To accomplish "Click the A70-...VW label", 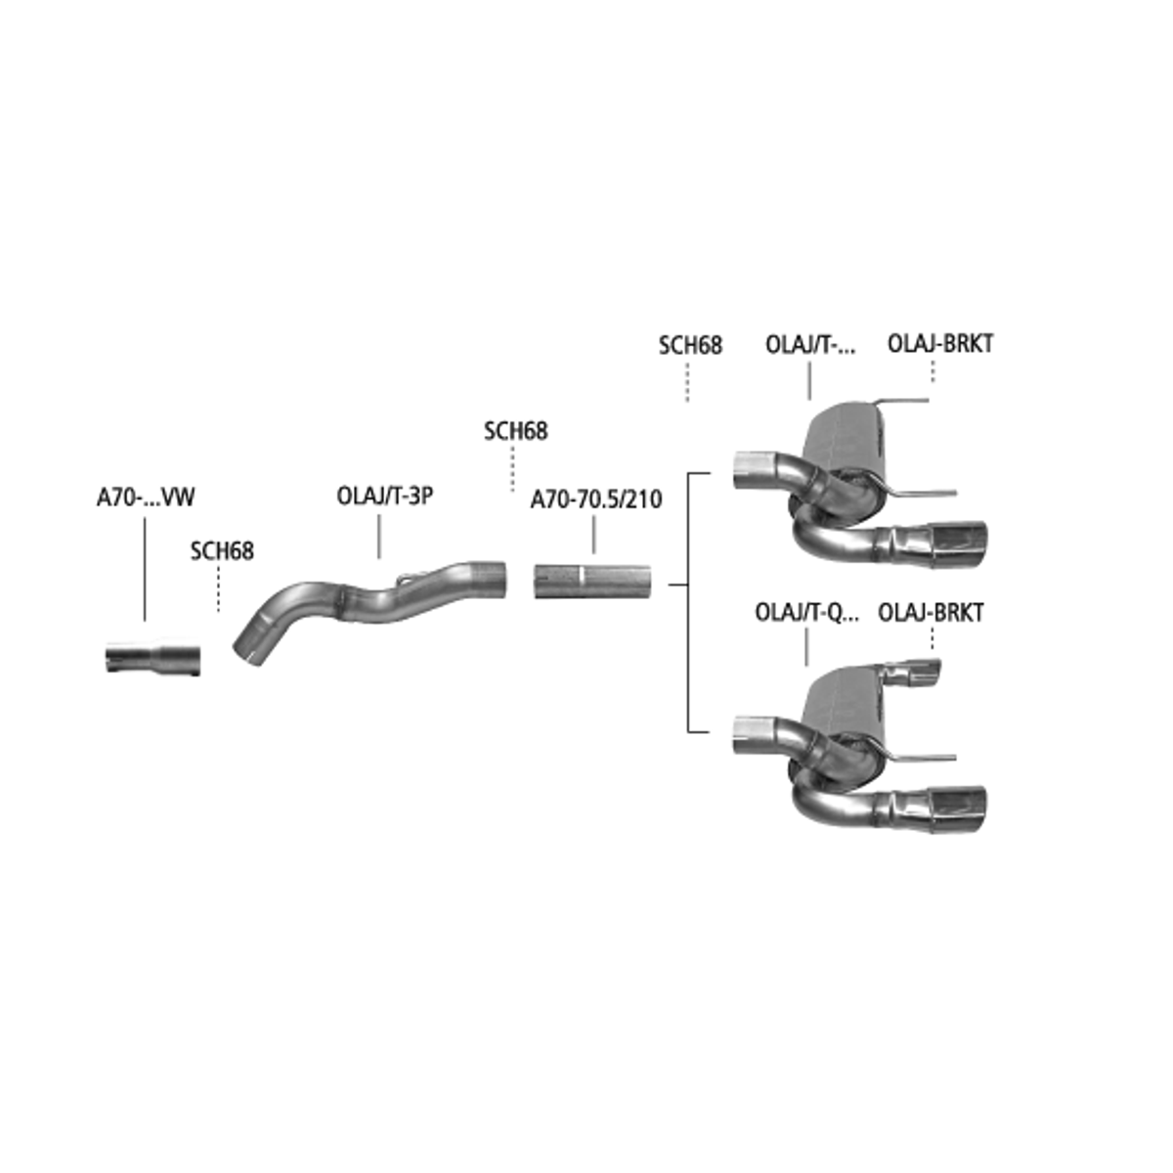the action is pos(146,498).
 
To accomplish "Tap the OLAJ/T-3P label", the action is pos(385,497).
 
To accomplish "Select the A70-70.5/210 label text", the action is pos(596,500).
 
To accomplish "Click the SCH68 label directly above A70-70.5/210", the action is pos(515,431).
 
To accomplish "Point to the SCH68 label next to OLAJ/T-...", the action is pos(690,345).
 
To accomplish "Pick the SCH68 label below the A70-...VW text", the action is pos(222,551).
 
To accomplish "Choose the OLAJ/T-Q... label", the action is pos(806,612).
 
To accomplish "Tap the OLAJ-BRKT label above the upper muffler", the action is pos(939,343).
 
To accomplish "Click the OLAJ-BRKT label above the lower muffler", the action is pos(931,612).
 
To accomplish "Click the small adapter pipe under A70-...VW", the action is pos(152,658).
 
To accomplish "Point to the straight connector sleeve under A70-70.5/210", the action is pos(592,581).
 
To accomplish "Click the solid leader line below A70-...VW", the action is pos(145,569).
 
